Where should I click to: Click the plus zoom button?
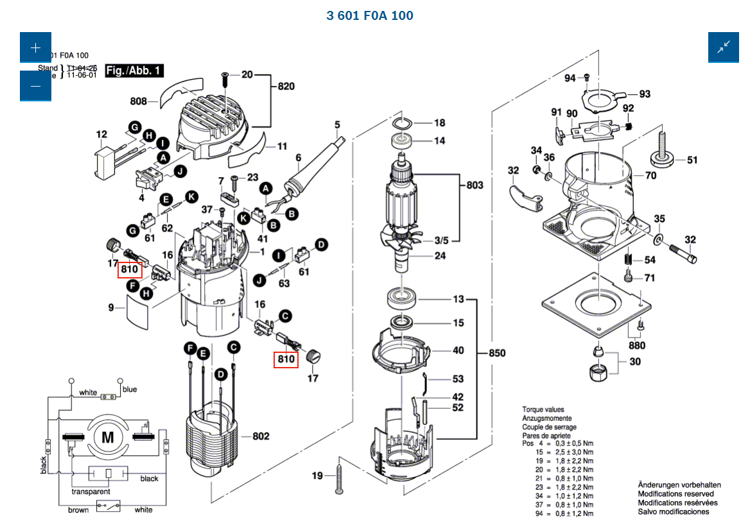coord(35,47)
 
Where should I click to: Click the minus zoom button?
coord(35,86)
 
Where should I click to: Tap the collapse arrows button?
coord(724,47)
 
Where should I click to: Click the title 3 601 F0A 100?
coord(370,15)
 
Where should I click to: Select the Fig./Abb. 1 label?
coord(134,71)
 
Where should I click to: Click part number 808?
coord(139,101)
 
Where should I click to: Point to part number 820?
coord(286,87)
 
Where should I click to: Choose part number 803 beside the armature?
coord(475,185)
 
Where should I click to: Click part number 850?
coord(496,353)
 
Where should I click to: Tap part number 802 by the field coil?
coord(261,436)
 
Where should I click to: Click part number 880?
coord(637,346)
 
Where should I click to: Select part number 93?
coord(645,94)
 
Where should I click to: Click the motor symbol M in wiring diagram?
coord(107,438)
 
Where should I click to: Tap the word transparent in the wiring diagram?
coord(91,491)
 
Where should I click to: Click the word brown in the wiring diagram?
coord(78,510)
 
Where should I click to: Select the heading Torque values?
coord(543,409)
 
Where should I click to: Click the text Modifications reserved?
coord(676,494)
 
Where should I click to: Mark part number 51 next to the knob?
coord(692,160)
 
